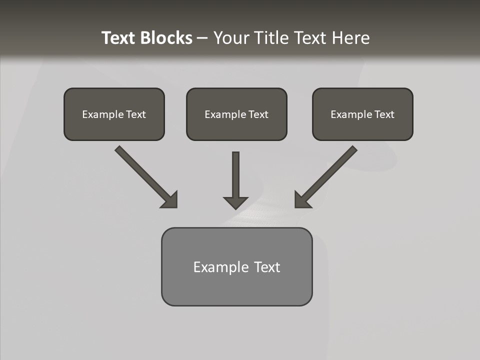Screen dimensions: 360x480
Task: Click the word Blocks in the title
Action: (x=165, y=38)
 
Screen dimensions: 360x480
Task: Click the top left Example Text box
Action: (x=114, y=114)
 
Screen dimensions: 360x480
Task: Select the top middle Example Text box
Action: (x=236, y=114)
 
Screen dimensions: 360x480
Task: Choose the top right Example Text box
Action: (x=362, y=114)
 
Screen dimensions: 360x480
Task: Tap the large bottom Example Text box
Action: (x=236, y=266)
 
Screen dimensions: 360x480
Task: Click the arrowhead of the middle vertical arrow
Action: (x=235, y=202)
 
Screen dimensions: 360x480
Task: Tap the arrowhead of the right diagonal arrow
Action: (x=302, y=200)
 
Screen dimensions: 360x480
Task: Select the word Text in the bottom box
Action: (x=267, y=267)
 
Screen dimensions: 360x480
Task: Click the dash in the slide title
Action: (x=202, y=38)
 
